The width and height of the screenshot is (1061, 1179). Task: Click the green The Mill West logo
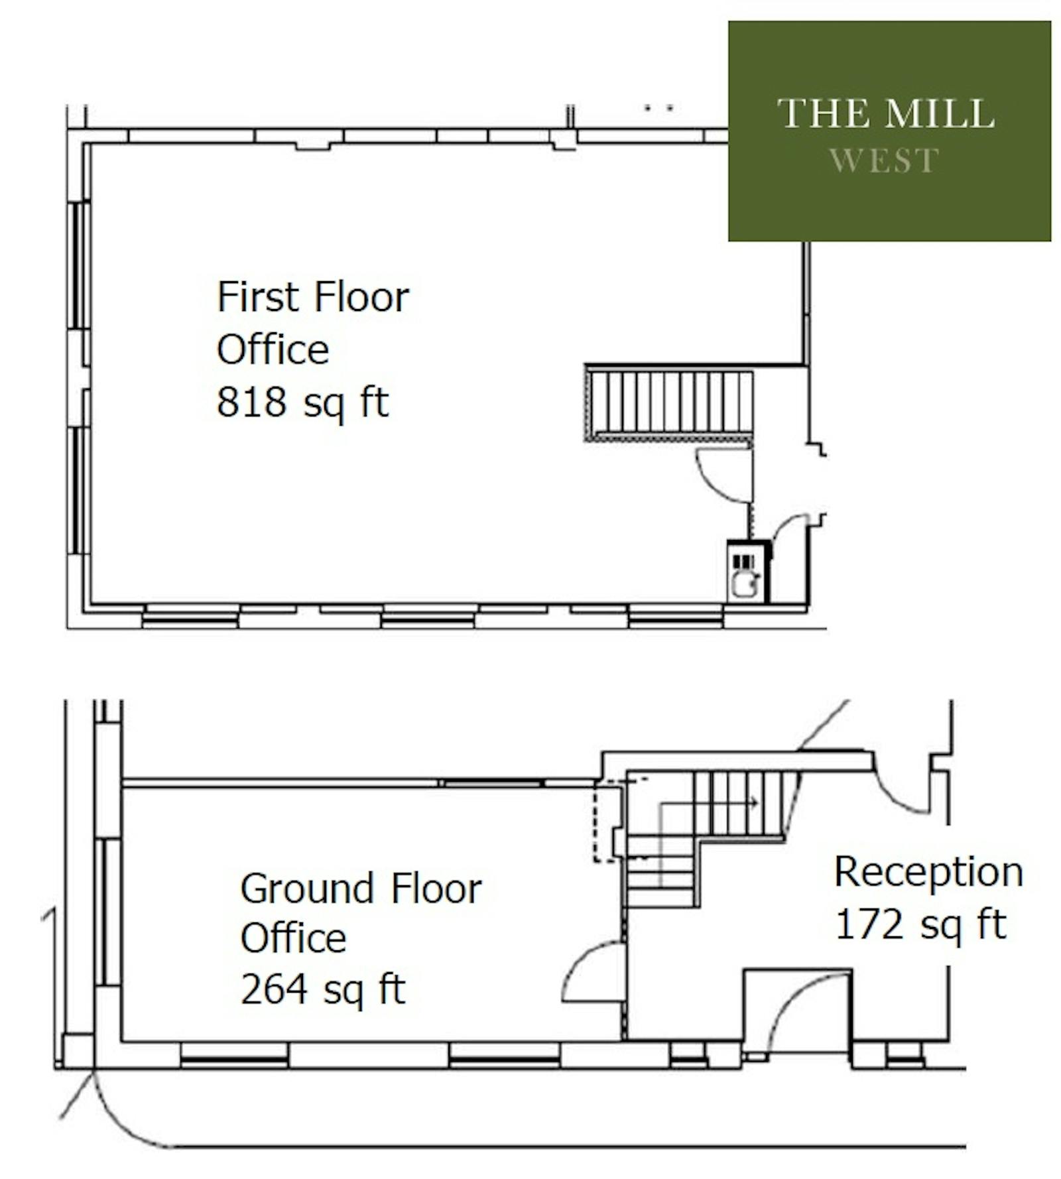[x=889, y=131]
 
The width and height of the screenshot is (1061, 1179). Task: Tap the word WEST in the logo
[x=884, y=160]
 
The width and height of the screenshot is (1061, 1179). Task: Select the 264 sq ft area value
[x=322, y=990]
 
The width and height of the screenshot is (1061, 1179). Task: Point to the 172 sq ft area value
[x=920, y=924]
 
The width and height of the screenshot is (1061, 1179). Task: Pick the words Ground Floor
[x=361, y=889]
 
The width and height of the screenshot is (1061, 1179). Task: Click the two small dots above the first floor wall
[x=660, y=107]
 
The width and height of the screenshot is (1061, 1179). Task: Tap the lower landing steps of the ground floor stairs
[x=660, y=871]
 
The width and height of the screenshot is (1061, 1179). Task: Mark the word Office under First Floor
[x=273, y=349]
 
